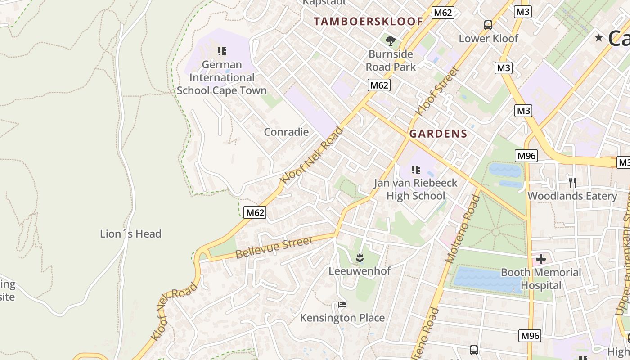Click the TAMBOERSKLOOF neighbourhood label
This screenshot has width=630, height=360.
(368, 21)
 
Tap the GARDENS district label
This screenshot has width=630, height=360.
(438, 134)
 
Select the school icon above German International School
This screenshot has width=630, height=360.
(221, 51)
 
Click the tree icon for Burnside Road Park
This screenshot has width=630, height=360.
(390, 41)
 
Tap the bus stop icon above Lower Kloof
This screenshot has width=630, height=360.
(488, 25)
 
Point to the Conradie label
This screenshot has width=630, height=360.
(286, 132)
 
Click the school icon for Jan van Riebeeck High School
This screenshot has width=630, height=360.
(416, 170)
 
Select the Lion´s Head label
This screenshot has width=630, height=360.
(130, 234)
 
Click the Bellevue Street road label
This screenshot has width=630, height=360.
(274, 247)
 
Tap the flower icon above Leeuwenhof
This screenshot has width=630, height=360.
(359, 258)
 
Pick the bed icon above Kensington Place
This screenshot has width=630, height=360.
(342, 305)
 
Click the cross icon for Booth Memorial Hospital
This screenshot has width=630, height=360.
(540, 259)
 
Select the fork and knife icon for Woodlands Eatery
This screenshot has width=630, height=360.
(572, 182)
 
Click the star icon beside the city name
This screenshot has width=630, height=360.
(598, 38)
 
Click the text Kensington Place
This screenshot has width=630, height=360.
(342, 318)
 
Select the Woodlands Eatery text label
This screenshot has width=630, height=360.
(572, 196)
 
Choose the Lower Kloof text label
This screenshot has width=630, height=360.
(488, 39)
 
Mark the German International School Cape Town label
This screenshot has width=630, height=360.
(221, 77)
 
